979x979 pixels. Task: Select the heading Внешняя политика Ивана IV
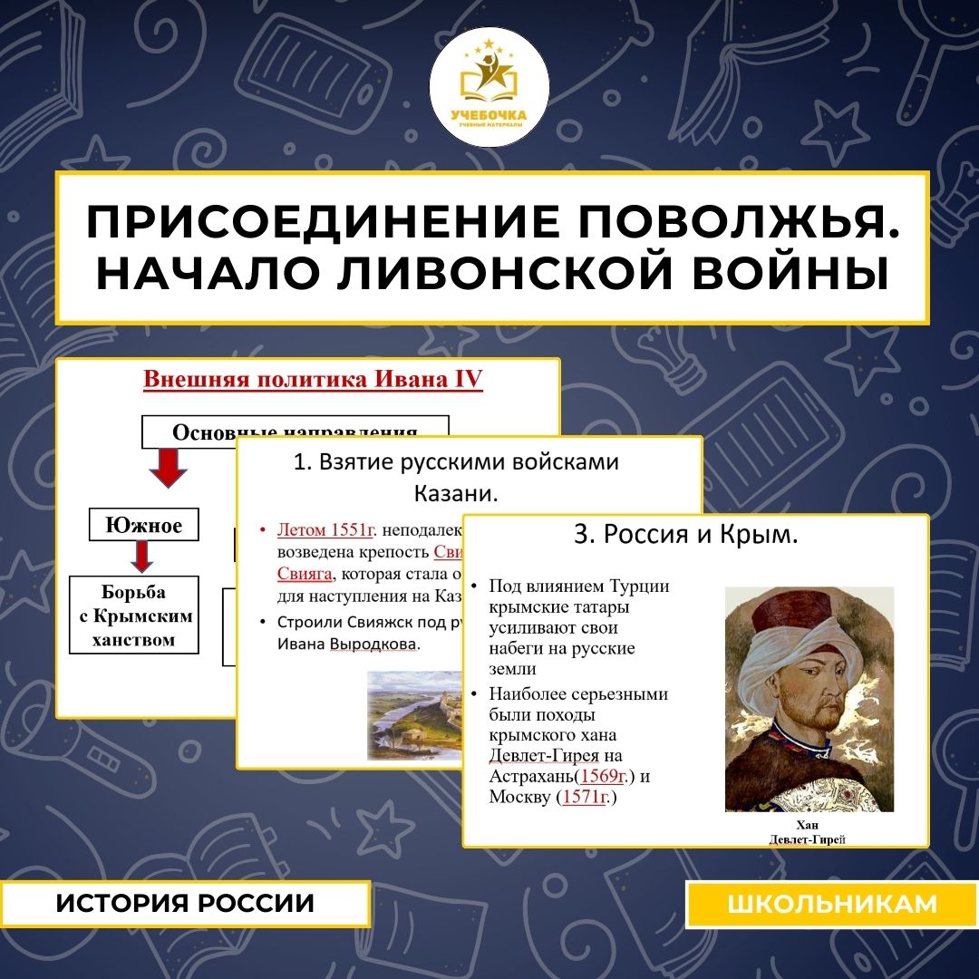pos(313,380)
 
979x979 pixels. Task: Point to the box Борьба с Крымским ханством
pos(134,616)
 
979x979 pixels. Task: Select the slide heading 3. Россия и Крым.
pos(686,535)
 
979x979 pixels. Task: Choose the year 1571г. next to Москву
pos(586,798)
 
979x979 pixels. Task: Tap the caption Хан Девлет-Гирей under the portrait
pos(807,832)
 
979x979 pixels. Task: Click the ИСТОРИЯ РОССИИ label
pos(185,903)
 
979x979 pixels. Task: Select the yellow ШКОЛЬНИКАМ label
pos(831,904)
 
